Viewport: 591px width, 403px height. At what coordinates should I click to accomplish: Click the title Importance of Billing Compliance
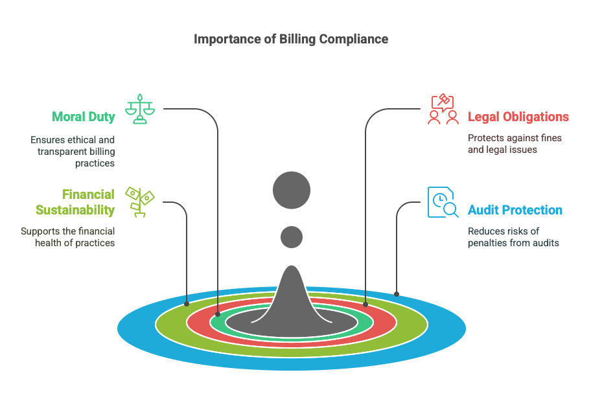click(x=291, y=39)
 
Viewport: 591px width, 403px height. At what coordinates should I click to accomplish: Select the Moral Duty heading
click(x=84, y=117)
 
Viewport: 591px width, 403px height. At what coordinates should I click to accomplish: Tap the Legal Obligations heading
click(x=518, y=117)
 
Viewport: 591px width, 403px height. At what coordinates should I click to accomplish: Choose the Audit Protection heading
click(x=515, y=210)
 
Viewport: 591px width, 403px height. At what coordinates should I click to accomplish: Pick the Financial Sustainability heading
click(x=75, y=202)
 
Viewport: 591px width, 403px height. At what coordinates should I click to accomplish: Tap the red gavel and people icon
click(x=443, y=109)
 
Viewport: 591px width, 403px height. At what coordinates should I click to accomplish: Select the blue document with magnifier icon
click(x=443, y=202)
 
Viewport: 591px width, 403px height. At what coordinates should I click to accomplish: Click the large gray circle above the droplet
click(x=292, y=190)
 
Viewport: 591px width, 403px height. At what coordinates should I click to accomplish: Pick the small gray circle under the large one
click(x=292, y=236)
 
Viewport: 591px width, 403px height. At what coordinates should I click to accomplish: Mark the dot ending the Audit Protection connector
click(x=397, y=294)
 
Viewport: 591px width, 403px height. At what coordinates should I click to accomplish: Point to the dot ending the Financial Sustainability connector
click(x=187, y=303)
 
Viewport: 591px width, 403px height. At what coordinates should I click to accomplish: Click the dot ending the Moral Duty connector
click(x=218, y=314)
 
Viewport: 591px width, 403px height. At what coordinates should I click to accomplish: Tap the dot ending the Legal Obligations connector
click(x=365, y=303)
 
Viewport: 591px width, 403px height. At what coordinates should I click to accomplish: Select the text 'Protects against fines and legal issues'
click(x=515, y=144)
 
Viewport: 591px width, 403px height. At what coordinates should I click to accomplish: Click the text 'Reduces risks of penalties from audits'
click(x=513, y=237)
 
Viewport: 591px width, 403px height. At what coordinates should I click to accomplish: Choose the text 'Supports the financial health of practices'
click(x=67, y=237)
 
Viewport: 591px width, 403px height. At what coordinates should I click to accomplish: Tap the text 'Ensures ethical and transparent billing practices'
click(x=73, y=152)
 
